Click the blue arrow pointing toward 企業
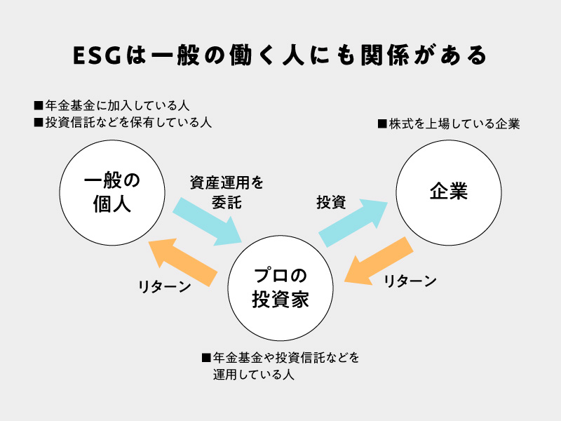point(353,223)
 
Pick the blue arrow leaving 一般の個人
point(208,221)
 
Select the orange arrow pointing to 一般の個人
point(183,262)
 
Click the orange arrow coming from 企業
point(379,260)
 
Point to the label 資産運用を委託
point(227,192)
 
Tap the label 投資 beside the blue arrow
point(331,202)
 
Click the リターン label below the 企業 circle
point(410,281)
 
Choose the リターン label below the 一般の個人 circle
point(165,286)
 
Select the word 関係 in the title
point(385,55)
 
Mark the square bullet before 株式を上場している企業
point(382,124)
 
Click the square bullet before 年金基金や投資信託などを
point(206,358)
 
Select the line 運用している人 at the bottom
point(254,375)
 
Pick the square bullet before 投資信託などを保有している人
point(39,122)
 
